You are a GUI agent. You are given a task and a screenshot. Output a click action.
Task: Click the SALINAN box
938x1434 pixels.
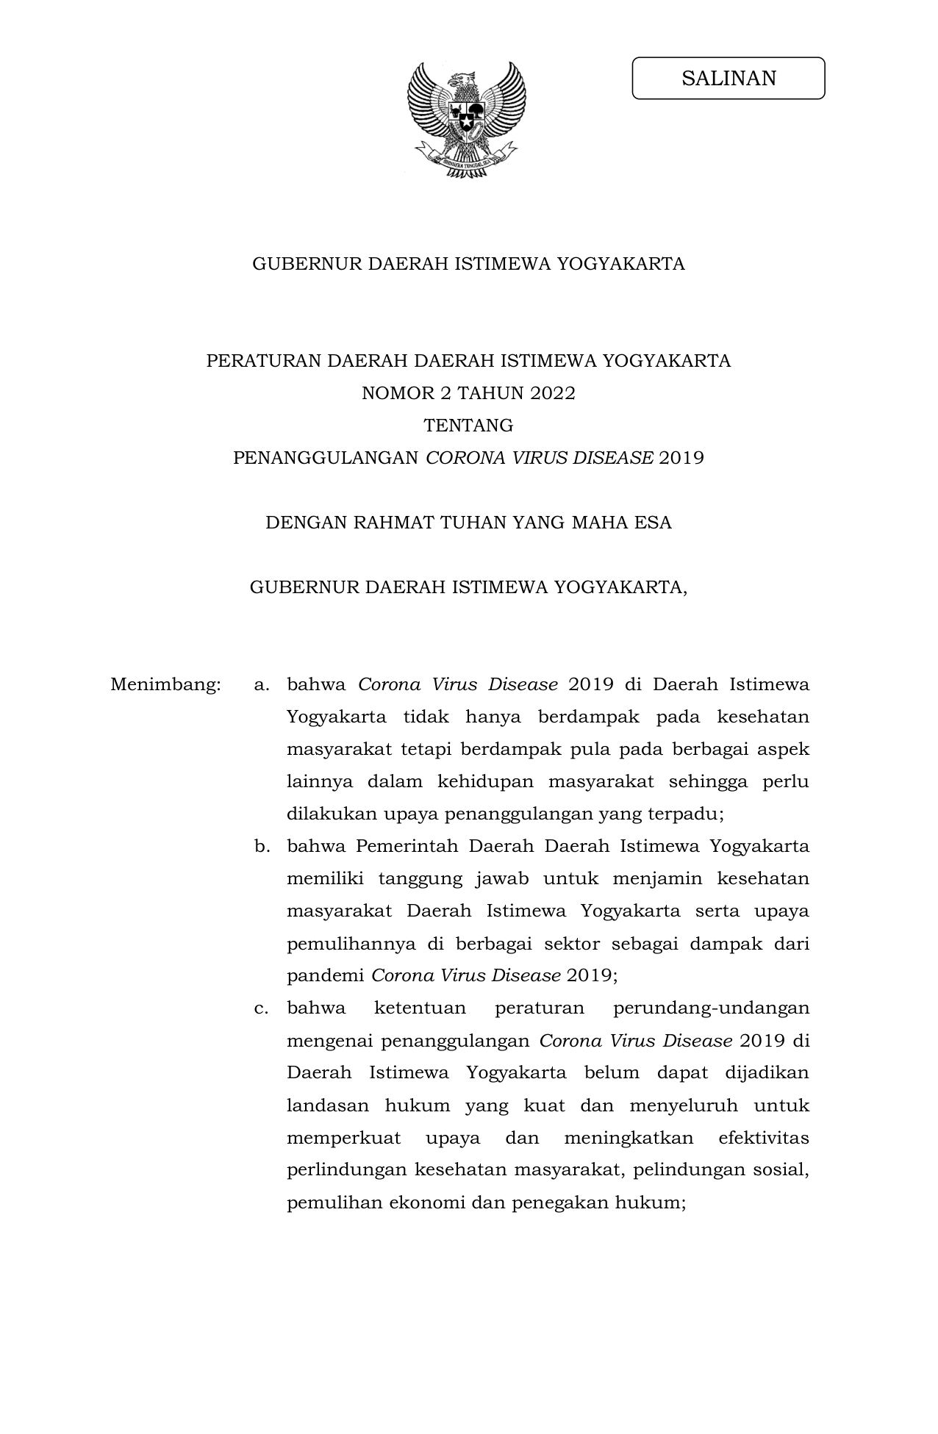click(728, 78)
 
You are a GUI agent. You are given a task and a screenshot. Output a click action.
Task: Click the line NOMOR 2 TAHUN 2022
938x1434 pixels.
click(468, 393)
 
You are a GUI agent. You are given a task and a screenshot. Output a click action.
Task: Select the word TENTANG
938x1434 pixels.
click(468, 426)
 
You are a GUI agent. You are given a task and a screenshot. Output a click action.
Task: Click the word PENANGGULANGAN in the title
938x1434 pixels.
click(326, 458)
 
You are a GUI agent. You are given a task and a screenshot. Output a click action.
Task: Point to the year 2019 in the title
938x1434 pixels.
click(681, 458)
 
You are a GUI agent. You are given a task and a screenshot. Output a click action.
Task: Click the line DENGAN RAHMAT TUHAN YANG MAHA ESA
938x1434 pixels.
click(468, 523)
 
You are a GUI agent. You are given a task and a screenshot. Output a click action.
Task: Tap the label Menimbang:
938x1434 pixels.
click(165, 685)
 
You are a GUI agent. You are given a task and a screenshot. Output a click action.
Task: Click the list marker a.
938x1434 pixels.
click(261, 685)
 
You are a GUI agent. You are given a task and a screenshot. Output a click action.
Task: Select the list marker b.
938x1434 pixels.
click(262, 847)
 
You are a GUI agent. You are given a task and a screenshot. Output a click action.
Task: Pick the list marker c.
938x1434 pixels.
click(261, 1008)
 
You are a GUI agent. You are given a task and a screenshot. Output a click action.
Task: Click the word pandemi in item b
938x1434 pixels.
click(325, 976)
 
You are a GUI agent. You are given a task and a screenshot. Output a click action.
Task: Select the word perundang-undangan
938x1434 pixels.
click(710, 1008)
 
